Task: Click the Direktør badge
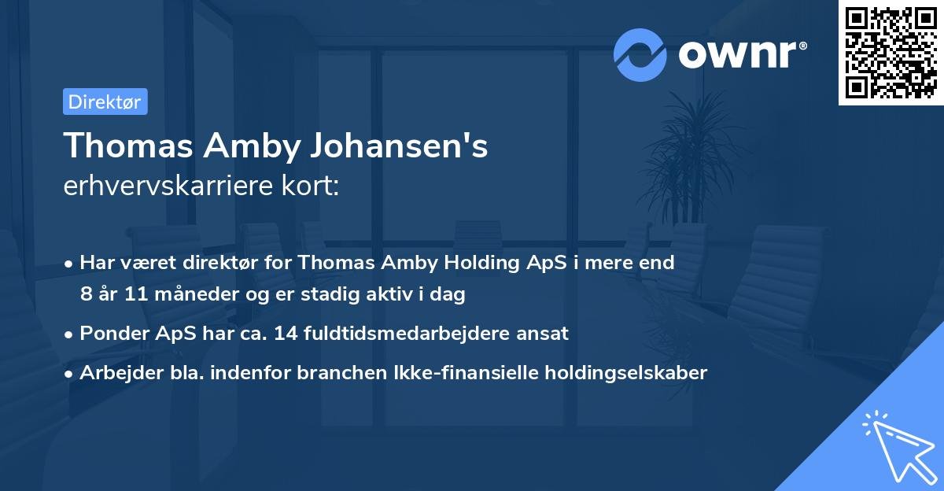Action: pyautogui.click(x=105, y=102)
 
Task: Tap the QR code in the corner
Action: pyautogui.click(x=891, y=53)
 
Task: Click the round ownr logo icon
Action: pyautogui.click(x=640, y=55)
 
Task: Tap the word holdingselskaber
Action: pyautogui.click(x=624, y=372)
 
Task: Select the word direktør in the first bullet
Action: pyautogui.click(x=222, y=263)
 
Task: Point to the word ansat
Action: pyautogui.click(x=544, y=334)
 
